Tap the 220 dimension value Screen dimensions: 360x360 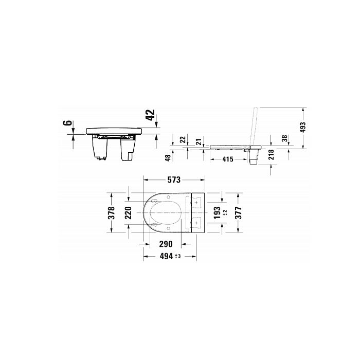tap(129, 213)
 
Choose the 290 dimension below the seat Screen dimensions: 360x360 tap(165, 243)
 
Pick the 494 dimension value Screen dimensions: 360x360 tap(165, 256)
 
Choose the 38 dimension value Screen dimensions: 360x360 tap(285, 138)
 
